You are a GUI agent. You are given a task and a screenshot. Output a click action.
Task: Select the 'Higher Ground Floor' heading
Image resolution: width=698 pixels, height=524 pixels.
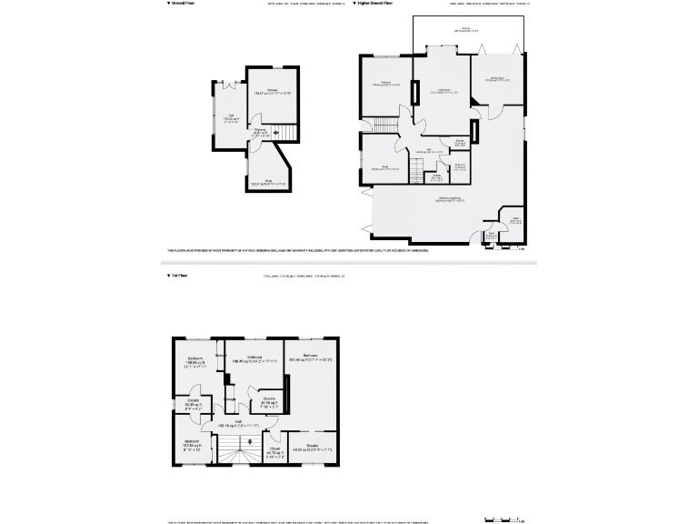click(x=374, y=4)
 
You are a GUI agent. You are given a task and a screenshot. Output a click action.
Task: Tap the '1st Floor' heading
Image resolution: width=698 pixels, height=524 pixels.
click(x=179, y=275)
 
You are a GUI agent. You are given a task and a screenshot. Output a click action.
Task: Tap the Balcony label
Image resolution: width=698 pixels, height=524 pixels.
click(x=466, y=29)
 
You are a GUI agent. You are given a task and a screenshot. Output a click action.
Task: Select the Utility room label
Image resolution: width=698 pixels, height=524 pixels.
click(x=514, y=220)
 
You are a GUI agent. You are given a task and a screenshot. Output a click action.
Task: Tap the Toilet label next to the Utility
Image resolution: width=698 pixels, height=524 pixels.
click(x=492, y=236)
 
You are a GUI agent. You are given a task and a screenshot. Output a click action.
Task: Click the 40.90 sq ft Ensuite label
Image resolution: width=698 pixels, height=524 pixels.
click(x=269, y=401)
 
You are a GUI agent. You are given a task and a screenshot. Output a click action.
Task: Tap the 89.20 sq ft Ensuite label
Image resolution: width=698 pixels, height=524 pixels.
click(x=312, y=448)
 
